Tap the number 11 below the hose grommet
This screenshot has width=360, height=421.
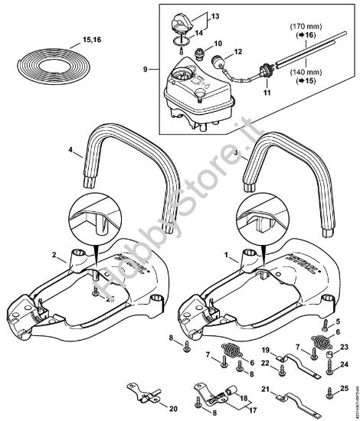tap(267, 93)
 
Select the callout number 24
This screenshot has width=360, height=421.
tap(342, 364)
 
